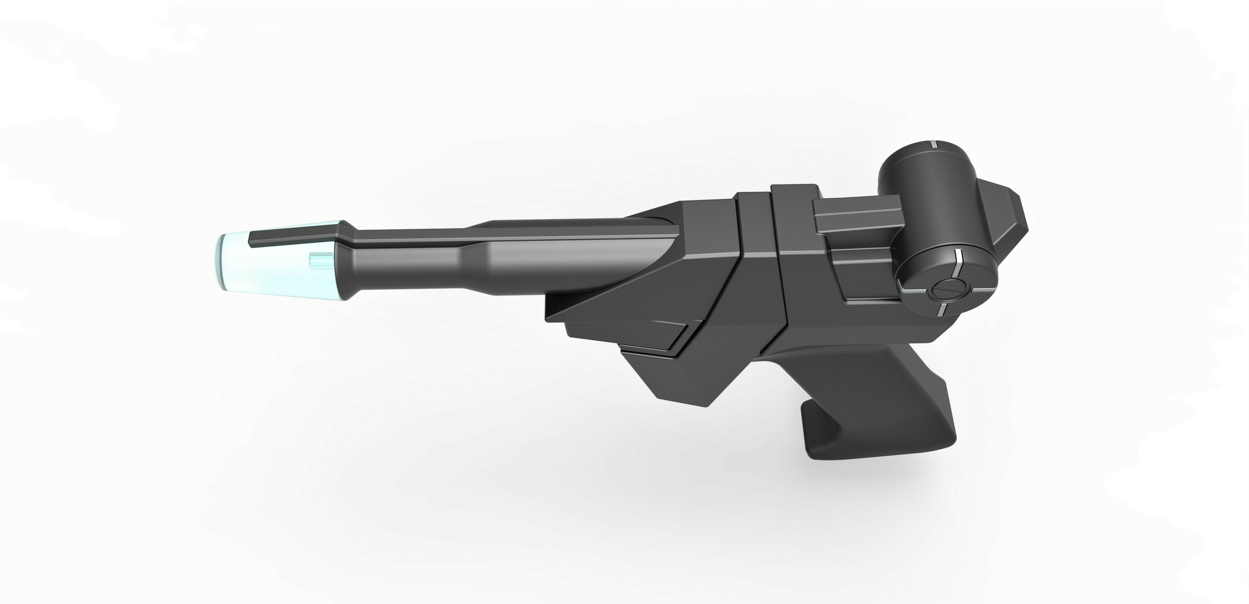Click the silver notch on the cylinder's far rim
click(x=931, y=144)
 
